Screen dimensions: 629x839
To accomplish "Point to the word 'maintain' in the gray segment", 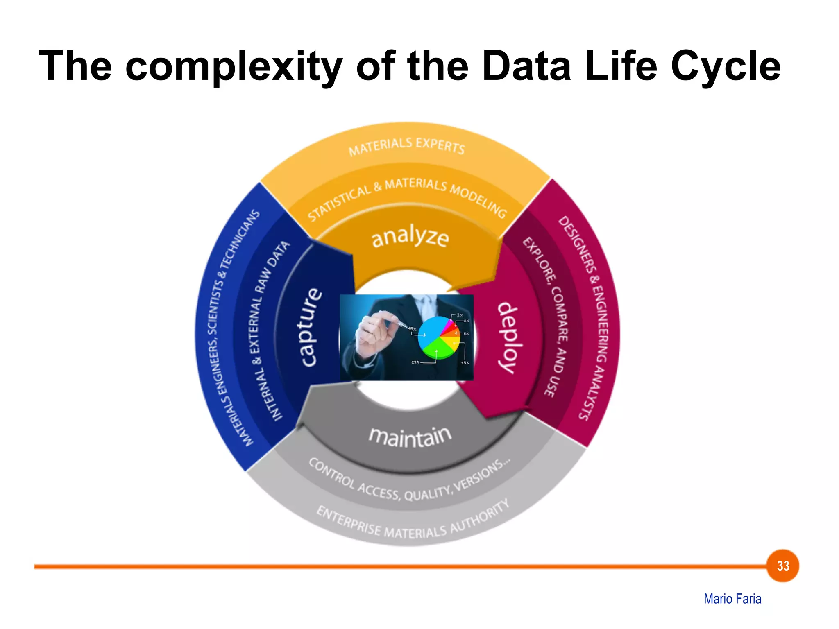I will (410, 436).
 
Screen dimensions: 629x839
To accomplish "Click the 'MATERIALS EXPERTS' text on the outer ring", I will (407, 146).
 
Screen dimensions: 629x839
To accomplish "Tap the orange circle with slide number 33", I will (782, 566).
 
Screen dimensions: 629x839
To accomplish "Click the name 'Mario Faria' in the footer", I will (732, 599).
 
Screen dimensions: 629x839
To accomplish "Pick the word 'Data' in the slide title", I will (526, 66).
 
